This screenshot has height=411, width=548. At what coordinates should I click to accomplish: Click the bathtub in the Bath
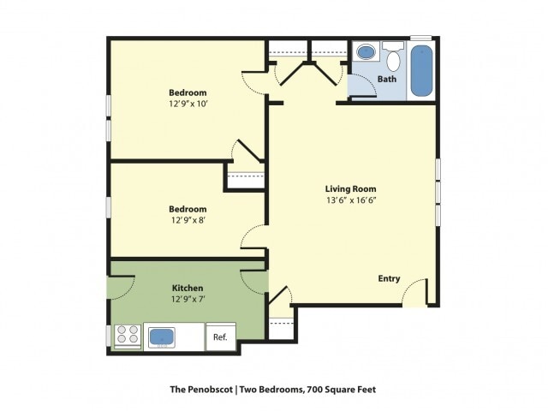coord(421,70)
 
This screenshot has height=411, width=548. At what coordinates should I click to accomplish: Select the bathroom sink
coord(366,53)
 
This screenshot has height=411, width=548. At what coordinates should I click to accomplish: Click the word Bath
coord(387,79)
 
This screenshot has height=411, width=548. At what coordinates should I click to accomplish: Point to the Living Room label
coord(350,189)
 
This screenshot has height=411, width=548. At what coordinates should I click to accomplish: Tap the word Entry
coord(390,278)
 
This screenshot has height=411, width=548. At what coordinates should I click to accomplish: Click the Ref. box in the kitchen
coord(220,337)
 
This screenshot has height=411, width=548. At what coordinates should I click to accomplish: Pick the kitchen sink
coord(162,337)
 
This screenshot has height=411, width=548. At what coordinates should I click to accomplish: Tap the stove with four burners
coord(128,336)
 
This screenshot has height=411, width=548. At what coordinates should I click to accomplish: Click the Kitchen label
coord(187,288)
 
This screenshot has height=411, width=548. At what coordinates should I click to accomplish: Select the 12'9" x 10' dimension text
coord(188,104)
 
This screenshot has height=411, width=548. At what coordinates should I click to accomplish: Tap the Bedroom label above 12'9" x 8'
coord(187,209)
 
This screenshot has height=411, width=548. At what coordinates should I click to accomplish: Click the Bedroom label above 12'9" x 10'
coord(188,92)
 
